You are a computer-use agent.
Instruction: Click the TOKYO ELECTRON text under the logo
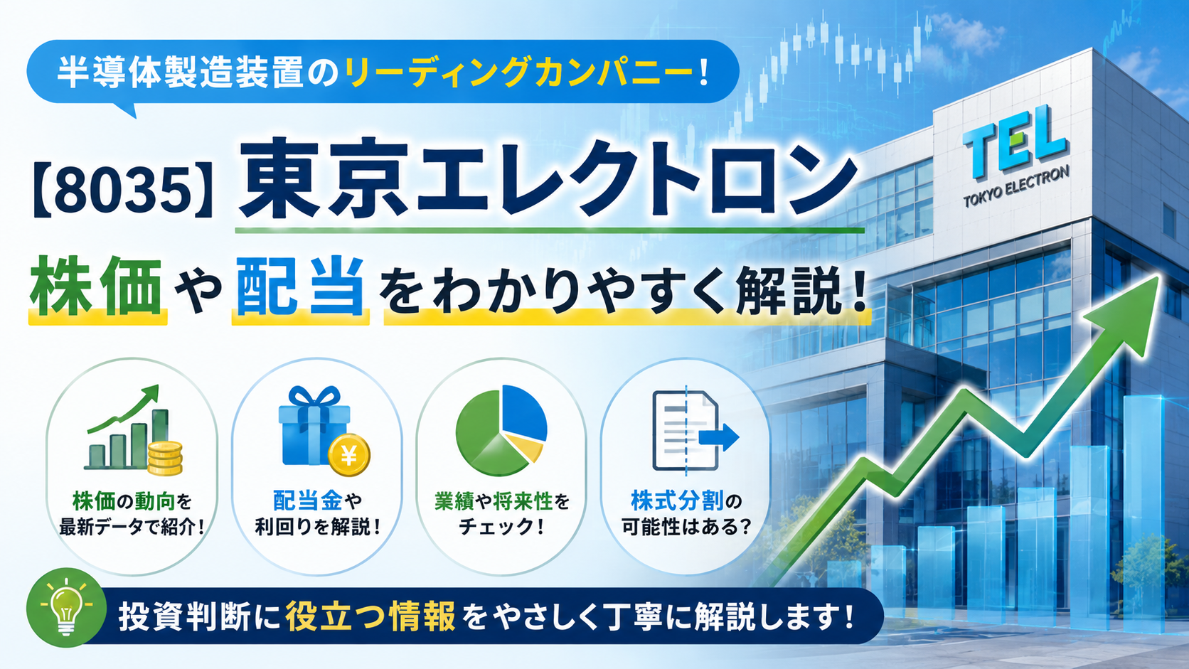[1016, 187]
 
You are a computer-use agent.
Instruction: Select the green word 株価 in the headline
[96, 287]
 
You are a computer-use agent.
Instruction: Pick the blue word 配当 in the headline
[300, 287]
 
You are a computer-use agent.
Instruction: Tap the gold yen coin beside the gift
[348, 455]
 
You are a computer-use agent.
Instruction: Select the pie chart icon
[501, 429]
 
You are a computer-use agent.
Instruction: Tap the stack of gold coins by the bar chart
[165, 459]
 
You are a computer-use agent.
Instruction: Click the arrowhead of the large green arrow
[1125, 313]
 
